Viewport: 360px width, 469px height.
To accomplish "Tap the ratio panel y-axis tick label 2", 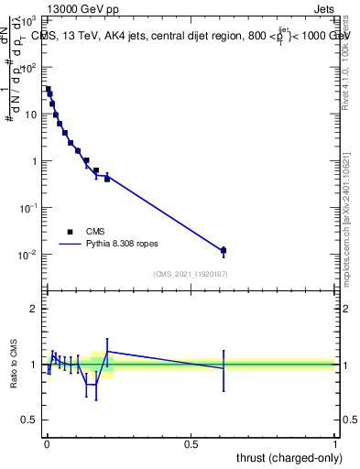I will click(x=34, y=309).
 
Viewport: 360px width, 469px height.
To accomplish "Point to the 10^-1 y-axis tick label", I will click(x=28, y=207).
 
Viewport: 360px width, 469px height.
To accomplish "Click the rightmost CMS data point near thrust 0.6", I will click(x=224, y=250).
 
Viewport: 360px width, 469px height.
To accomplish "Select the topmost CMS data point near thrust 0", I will click(x=48, y=89).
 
